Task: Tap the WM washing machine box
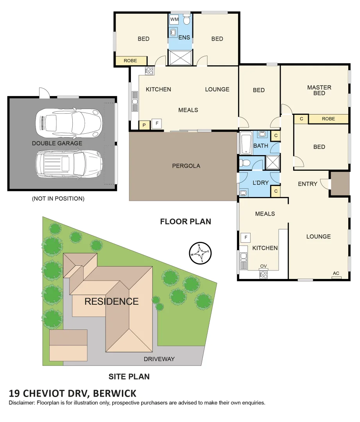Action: pos(174,20)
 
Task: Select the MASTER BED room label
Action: pos(319,90)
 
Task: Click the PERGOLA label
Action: pos(186,166)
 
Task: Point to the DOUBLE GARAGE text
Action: pos(57,143)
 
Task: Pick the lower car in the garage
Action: pos(68,164)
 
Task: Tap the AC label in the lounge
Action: pos(336,274)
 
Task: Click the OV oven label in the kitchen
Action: pos(263,266)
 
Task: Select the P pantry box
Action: pos(144,125)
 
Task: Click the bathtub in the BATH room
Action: pos(246,143)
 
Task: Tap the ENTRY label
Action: pos(308,184)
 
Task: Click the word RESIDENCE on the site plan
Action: pos(111,301)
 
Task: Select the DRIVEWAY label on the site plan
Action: pos(159,359)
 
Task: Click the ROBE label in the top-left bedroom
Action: pos(130,61)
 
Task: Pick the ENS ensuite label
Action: pos(184,38)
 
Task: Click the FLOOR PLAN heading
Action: pos(185,222)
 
